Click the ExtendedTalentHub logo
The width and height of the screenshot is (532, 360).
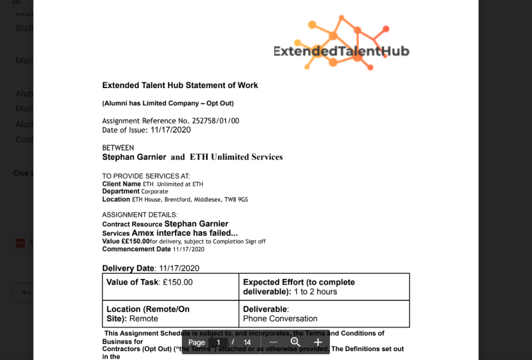pyautogui.click(x=342, y=44)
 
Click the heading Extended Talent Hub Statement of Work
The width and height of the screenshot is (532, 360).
pyautogui.click(x=180, y=85)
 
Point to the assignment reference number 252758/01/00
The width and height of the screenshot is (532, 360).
pyautogui.click(x=216, y=121)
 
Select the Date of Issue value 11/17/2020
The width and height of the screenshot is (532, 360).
pyautogui.click(x=171, y=130)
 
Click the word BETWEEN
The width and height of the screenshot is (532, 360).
pyautogui.click(x=118, y=148)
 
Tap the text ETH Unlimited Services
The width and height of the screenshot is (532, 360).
pyautogui.click(x=236, y=157)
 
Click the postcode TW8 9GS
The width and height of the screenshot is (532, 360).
pyautogui.click(x=236, y=200)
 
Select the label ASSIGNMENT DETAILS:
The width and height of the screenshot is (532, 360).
pyautogui.click(x=140, y=215)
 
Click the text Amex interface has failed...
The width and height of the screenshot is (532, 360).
pyautogui.click(x=184, y=233)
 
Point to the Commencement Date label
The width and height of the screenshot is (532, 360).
pyautogui.click(x=137, y=249)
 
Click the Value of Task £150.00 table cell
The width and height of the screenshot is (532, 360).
pyautogui.click(x=170, y=287)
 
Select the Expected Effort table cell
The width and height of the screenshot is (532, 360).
pyautogui.click(x=324, y=287)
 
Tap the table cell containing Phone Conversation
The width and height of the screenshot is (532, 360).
pyautogui.click(x=324, y=314)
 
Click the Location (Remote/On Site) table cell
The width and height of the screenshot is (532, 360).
pyautogui.click(x=170, y=314)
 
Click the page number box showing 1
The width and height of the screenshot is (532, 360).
pyautogui.click(x=218, y=342)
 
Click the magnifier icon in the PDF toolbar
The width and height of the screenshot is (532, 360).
pyautogui.click(x=296, y=342)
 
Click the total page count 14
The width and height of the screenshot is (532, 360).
pyautogui.click(x=247, y=342)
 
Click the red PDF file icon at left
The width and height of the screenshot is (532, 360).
pyautogui.click(x=20, y=243)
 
